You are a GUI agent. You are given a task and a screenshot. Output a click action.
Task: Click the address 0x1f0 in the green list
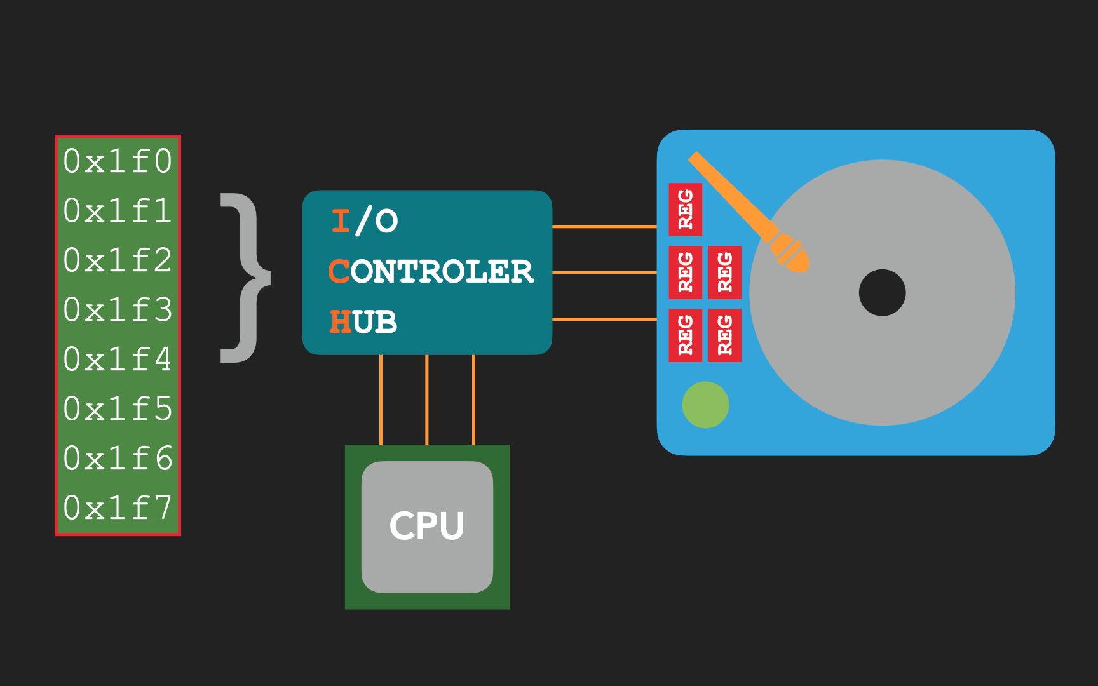(118, 161)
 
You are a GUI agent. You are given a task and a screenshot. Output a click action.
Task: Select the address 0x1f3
(118, 310)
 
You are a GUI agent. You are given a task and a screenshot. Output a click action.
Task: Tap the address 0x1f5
(118, 409)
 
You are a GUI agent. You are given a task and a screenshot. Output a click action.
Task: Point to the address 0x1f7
(118, 508)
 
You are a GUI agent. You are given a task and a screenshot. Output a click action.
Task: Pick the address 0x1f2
(118, 260)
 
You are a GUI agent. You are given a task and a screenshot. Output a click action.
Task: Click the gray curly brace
(245, 278)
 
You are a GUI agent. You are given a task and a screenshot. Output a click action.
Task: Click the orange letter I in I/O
(341, 221)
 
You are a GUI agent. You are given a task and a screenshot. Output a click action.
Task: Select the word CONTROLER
(431, 272)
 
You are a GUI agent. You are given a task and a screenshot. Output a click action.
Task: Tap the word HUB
(363, 322)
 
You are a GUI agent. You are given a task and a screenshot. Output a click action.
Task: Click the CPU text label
(427, 526)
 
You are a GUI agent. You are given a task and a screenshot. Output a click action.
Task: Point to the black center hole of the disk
(882, 293)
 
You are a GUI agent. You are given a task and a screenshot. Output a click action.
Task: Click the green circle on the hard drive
(705, 405)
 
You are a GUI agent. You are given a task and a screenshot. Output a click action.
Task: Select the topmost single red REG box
(685, 210)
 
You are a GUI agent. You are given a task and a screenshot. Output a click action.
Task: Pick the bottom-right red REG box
(725, 335)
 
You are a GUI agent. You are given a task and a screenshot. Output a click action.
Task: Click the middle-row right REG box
(725, 272)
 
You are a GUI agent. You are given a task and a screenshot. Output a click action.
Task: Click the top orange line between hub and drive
(604, 226)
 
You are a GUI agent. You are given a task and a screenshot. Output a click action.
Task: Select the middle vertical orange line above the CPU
(427, 400)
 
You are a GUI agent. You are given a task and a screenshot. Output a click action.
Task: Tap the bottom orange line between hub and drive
(604, 319)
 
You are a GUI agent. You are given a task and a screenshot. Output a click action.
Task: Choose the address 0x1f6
(118, 459)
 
